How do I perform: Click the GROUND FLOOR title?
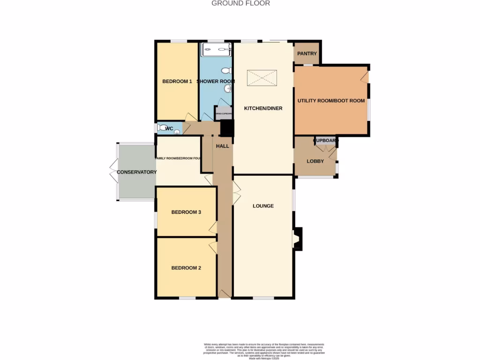point(240,3)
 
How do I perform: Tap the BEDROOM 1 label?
point(177,82)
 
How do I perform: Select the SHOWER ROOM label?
point(216,82)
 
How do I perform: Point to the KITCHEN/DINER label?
point(263,109)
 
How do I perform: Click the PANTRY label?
point(307,54)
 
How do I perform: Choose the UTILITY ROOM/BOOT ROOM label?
point(331,101)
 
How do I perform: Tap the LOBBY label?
point(315,161)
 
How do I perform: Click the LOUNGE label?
point(263,206)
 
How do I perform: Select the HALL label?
point(222,146)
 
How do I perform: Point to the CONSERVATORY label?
point(136,172)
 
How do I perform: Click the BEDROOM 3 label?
point(186,212)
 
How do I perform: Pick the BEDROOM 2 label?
point(186,268)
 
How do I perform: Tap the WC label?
point(170,129)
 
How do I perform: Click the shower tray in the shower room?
point(216,50)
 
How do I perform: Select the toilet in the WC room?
point(162,128)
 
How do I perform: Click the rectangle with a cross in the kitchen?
point(262,78)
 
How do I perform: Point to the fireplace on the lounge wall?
point(297,238)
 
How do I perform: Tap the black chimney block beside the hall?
point(227,128)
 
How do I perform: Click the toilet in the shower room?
point(227,71)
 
